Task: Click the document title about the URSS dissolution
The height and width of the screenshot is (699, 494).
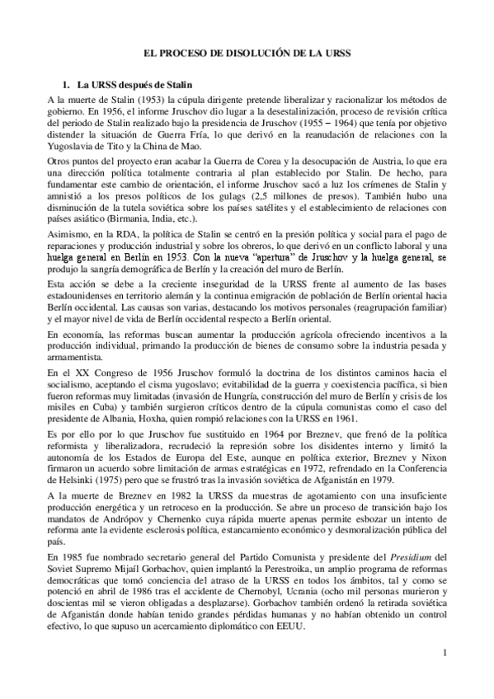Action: pyautogui.click(x=247, y=52)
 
